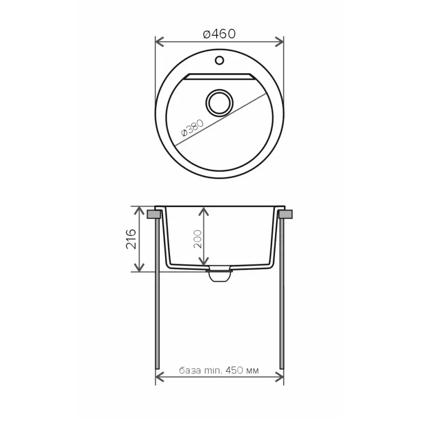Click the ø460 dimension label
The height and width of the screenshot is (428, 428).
click(x=219, y=34)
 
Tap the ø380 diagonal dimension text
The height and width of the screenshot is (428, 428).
click(x=193, y=128)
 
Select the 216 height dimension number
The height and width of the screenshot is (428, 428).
click(x=131, y=239)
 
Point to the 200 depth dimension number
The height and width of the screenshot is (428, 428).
click(x=197, y=239)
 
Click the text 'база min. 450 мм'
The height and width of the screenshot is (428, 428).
click(x=219, y=370)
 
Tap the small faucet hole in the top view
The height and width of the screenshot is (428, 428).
click(x=219, y=60)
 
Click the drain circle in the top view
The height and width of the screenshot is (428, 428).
click(x=219, y=103)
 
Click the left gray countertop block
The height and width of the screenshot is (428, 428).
click(x=154, y=214)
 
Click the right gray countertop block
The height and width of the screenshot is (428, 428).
click(x=286, y=214)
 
